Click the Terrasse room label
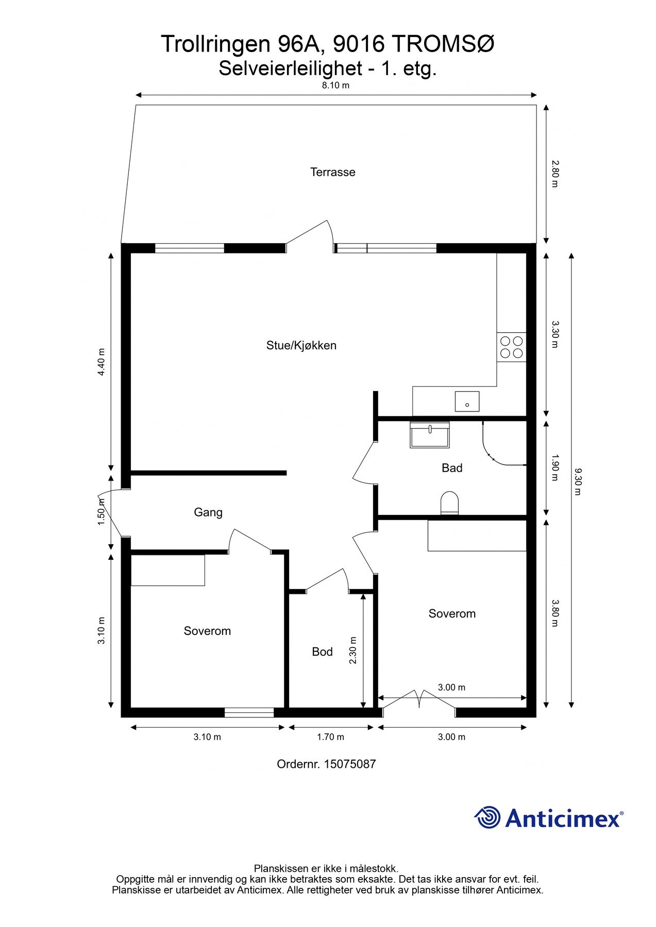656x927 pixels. click(332, 172)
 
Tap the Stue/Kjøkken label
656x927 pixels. click(301, 346)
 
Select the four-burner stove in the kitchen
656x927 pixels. click(511, 347)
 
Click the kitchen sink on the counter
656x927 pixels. click(467, 401)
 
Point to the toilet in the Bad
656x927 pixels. click(450, 503)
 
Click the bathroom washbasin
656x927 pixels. click(429, 435)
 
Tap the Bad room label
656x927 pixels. click(451, 468)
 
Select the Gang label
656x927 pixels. click(208, 512)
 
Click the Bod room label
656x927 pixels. click(322, 652)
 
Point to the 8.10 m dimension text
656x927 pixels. click(335, 85)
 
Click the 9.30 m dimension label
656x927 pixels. click(577, 482)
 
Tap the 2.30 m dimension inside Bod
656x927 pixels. click(353, 650)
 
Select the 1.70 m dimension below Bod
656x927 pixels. click(330, 737)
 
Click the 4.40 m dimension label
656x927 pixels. click(102, 362)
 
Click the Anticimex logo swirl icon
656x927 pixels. click(487, 817)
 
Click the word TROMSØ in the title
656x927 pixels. click(444, 44)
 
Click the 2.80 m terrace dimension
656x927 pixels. click(554, 174)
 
